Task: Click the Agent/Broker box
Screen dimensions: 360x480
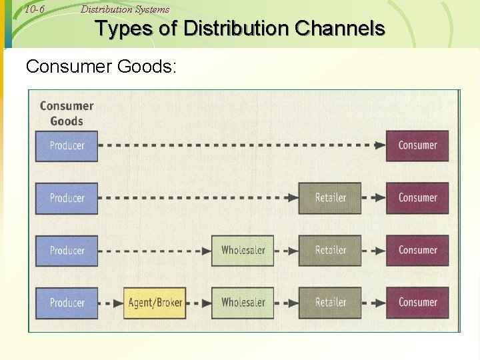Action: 155,303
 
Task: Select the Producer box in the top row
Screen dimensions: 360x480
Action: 67,146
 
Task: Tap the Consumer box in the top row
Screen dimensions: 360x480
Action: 417,146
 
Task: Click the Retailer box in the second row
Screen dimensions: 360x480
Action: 330,198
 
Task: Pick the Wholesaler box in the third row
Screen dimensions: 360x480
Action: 243,251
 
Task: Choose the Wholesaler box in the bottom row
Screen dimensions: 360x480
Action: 243,303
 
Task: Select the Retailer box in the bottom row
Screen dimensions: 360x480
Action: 330,303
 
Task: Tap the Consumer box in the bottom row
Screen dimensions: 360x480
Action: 417,303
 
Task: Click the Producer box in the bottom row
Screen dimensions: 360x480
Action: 67,303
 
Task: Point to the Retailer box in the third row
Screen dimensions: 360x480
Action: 330,251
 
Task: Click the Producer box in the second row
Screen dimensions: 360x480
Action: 67,198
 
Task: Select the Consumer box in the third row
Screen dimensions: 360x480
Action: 417,251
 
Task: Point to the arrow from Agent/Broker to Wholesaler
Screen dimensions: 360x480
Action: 199,303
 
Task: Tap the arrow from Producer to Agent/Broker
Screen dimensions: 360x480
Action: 111,303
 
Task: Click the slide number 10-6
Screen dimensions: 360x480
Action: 33,9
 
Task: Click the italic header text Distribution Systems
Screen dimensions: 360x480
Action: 125,9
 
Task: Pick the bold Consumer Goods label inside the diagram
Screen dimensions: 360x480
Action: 67,113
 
